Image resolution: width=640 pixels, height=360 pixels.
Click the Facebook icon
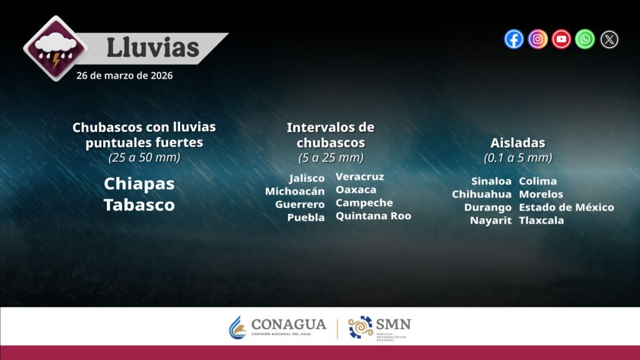(514, 39)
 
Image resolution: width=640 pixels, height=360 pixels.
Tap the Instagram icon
(537, 39)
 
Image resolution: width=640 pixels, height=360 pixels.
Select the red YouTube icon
(561, 39)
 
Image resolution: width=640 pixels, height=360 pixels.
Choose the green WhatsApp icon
(585, 39)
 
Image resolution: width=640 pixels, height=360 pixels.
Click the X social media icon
(609, 39)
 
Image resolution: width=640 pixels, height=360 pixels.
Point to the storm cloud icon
(56, 48)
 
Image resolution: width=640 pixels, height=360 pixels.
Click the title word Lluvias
(152, 47)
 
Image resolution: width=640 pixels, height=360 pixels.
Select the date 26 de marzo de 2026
(124, 76)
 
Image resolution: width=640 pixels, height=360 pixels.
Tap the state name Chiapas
(139, 184)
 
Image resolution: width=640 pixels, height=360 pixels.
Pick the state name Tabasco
(139, 205)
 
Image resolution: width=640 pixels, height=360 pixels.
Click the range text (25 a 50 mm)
(144, 157)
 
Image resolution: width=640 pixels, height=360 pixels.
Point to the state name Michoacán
(295, 191)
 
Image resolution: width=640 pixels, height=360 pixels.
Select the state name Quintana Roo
(374, 216)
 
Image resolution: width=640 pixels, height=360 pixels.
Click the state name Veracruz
(359, 177)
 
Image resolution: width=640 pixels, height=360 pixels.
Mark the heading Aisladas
(518, 143)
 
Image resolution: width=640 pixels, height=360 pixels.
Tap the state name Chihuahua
(482, 194)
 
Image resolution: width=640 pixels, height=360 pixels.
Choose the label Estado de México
(566, 207)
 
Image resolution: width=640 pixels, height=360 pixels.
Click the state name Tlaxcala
(541, 221)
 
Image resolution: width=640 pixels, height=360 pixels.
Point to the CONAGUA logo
(277, 327)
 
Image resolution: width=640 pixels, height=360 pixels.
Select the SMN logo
(379, 327)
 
